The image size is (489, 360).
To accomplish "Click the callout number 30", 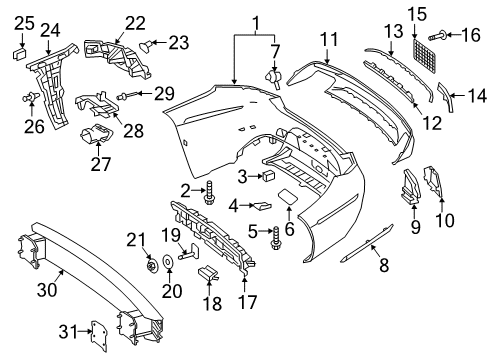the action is click(x=47, y=289).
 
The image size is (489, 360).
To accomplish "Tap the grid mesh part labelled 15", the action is click(x=424, y=55).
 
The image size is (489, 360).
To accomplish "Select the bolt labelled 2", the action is click(x=209, y=192).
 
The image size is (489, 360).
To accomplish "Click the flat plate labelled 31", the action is click(x=99, y=336).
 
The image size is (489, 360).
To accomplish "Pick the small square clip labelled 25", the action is click(x=20, y=54).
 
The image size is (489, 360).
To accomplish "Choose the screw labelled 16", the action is click(x=436, y=35).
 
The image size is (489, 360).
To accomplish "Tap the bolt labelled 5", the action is click(x=276, y=238).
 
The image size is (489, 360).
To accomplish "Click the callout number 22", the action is click(x=135, y=23).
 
